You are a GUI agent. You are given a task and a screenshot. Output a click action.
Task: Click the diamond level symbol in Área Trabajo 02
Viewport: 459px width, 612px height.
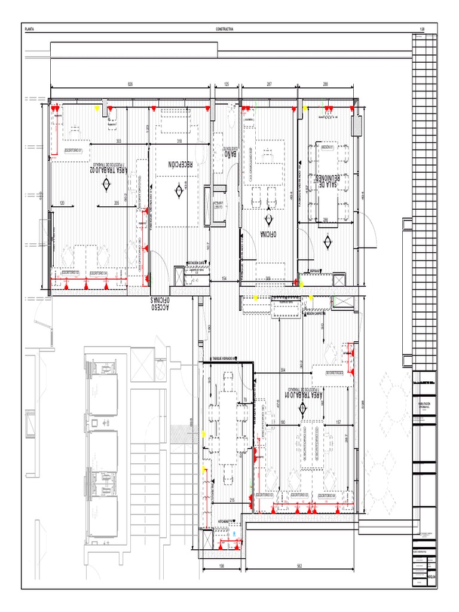(x=106, y=185)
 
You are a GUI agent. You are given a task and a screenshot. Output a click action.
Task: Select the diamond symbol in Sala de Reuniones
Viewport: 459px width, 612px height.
(x=328, y=241)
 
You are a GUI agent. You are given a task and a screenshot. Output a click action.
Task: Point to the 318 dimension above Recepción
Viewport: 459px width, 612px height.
(x=179, y=141)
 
